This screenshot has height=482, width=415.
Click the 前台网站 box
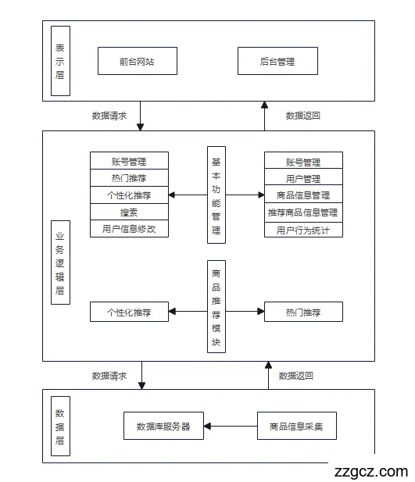click(138, 61)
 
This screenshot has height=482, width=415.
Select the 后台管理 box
click(277, 61)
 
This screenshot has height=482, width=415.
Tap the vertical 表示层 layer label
click(60, 61)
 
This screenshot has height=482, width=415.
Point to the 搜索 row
click(129, 212)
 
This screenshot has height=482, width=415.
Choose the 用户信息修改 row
click(129, 229)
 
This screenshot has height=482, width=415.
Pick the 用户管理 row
click(303, 178)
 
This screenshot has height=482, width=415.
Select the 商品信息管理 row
click(303, 195)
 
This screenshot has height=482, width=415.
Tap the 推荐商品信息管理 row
click(303, 212)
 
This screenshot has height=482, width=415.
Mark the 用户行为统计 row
click(303, 230)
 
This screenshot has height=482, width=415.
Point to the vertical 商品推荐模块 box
click(216, 307)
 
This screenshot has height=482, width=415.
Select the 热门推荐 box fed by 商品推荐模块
click(303, 312)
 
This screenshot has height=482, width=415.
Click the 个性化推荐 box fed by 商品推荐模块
click(129, 312)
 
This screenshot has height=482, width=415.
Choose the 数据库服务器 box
click(163, 427)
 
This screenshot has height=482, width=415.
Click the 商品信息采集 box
click(297, 427)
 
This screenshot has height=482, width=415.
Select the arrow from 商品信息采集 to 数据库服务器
click(231, 427)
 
